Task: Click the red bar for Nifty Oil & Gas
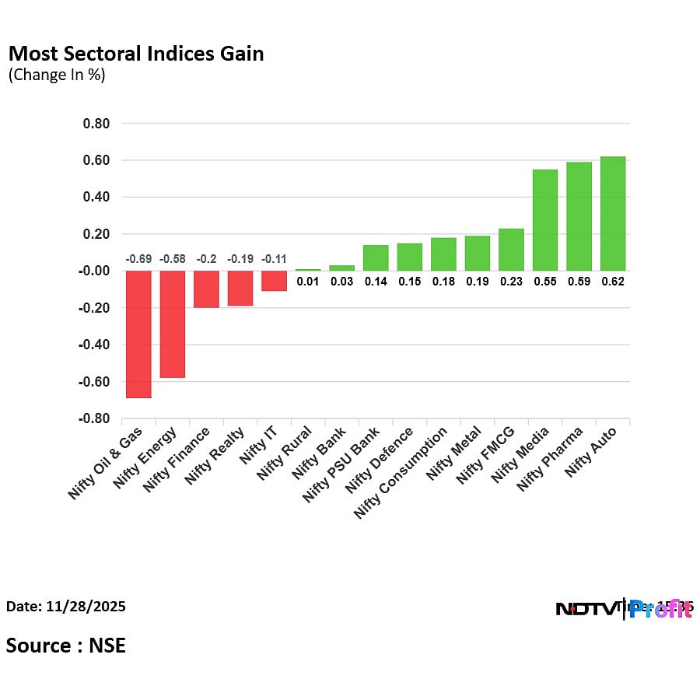[138, 334]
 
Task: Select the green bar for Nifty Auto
[613, 214]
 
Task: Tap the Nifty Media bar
[544, 220]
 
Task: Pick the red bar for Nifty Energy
[172, 324]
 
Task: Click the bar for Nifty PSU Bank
[376, 258]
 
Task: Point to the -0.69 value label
[138, 258]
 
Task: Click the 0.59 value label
[579, 282]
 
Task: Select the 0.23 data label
[511, 282]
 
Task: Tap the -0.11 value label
[274, 258]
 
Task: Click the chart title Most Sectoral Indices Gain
[135, 54]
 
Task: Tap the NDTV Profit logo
[624, 609]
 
